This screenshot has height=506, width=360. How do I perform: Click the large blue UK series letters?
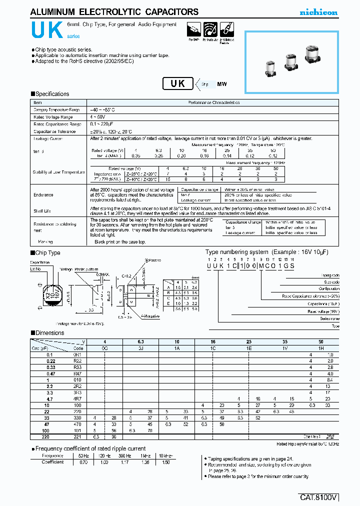click(x=46, y=31)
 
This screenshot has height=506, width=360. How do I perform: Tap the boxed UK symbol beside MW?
click(x=178, y=83)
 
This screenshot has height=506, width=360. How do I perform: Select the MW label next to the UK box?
click(x=221, y=84)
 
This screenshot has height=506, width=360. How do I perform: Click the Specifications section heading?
click(x=51, y=94)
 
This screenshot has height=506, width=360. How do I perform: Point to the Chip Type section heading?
click(x=47, y=253)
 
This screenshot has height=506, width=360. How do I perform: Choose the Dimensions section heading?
click(x=49, y=333)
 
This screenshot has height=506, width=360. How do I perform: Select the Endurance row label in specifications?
click(x=43, y=195)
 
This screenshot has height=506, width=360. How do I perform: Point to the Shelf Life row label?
click(x=42, y=211)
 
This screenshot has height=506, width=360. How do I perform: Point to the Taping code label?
click(x=330, y=275)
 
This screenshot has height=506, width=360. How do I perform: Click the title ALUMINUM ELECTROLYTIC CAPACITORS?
click(x=114, y=12)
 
